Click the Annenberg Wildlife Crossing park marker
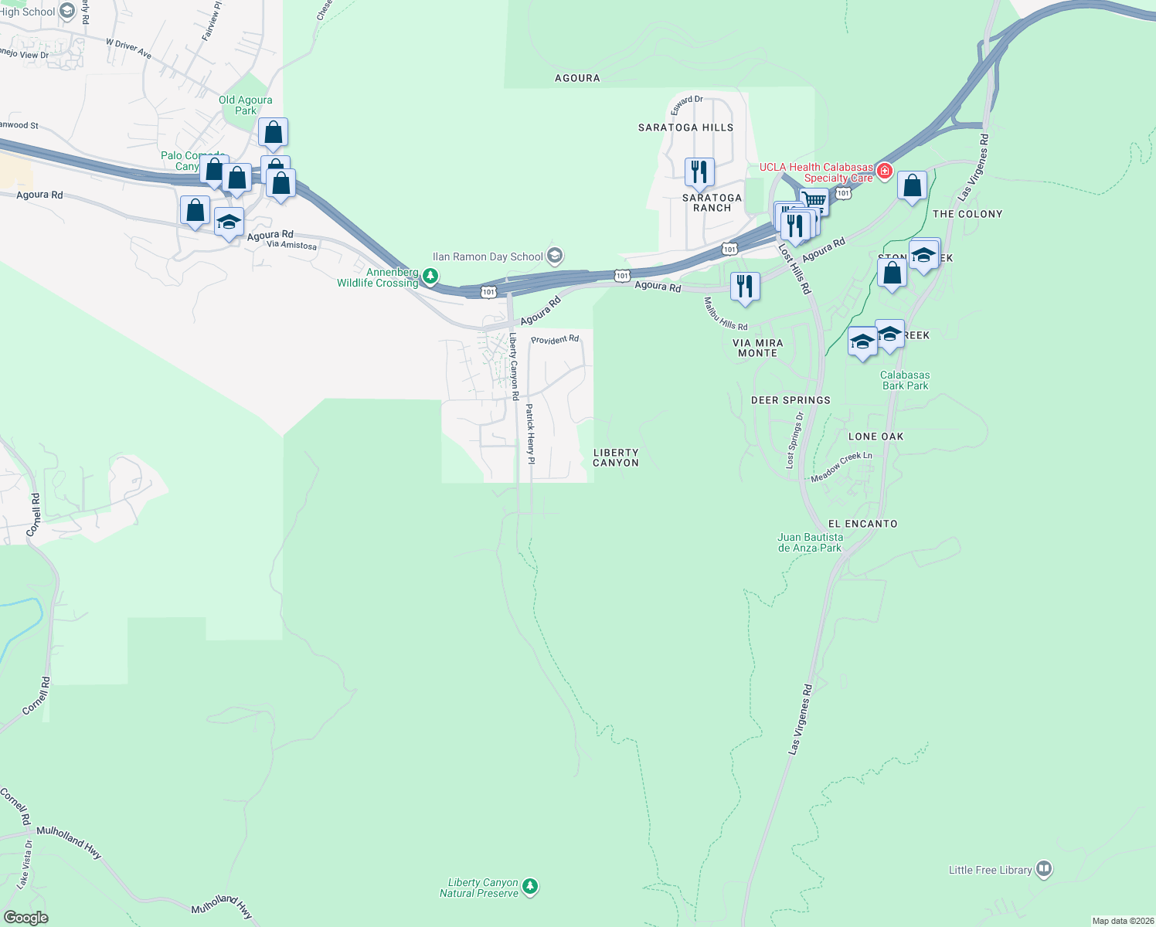[430, 276]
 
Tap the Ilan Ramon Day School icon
[554, 256]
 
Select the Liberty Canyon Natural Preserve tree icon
[529, 886]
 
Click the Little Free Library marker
[1044, 869]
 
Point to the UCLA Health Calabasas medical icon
[885, 171]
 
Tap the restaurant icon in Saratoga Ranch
[699, 171]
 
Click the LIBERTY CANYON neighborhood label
[616, 457]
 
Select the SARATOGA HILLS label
[685, 127]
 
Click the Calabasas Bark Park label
[905, 380]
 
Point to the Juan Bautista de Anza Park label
[810, 542]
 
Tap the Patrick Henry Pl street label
[530, 433]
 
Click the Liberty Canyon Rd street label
[514, 365]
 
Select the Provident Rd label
[555, 339]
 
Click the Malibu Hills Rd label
[726, 314]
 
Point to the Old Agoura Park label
[245, 105]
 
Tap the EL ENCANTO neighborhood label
[862, 524]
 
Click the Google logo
[25, 917]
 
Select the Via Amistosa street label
[291, 245]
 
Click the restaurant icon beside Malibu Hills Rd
[745, 287]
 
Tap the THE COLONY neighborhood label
[967, 214]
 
